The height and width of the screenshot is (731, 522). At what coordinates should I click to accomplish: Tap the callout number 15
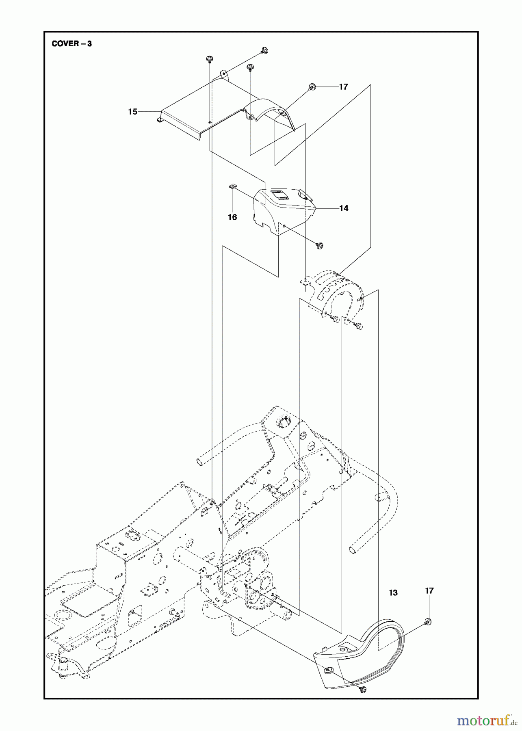(x=132, y=111)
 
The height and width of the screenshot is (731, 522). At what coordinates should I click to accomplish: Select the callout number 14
(x=344, y=208)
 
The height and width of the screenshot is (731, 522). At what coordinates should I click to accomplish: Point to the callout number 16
(x=232, y=217)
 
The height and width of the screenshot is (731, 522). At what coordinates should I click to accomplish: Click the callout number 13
(x=393, y=593)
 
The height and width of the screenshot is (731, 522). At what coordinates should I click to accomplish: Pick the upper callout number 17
(x=343, y=87)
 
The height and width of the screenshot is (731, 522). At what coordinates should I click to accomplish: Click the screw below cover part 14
(x=320, y=245)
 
